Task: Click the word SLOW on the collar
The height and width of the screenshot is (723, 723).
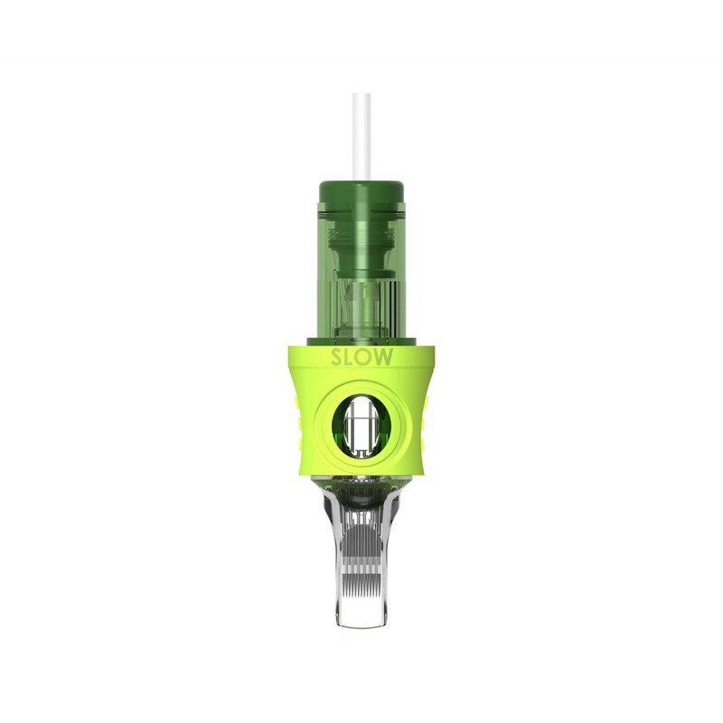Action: [x=362, y=357]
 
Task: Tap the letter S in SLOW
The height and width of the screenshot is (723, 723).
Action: [x=336, y=357]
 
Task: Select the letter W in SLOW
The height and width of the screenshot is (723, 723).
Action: [x=385, y=357]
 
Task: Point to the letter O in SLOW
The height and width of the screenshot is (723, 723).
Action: [x=365, y=357]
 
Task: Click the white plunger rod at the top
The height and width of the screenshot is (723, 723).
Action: [x=362, y=137]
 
